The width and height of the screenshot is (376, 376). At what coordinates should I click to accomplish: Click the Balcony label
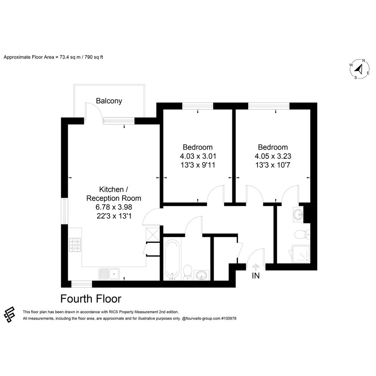(109, 101)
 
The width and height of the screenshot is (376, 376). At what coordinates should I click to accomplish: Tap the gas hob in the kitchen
(75, 245)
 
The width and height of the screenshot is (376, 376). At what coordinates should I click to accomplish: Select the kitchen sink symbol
(109, 274)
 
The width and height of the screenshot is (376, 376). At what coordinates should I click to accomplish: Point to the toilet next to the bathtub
(187, 273)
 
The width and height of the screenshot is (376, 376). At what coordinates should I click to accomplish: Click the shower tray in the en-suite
(301, 254)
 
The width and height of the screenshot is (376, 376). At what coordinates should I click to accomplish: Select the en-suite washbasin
(298, 214)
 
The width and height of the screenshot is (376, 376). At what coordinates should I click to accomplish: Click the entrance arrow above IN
(256, 267)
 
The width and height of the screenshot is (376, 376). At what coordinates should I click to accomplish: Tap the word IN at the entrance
(255, 276)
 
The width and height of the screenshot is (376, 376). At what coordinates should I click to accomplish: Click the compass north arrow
(359, 69)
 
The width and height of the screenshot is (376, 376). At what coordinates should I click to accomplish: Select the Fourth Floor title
(91, 299)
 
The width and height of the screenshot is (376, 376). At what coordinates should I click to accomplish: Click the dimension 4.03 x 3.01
(198, 156)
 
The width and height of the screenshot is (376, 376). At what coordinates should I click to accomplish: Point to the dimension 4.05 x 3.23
(273, 156)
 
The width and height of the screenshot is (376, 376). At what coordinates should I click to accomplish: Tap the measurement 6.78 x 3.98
(114, 207)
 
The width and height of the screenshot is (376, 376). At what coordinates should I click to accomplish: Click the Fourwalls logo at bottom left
(10, 314)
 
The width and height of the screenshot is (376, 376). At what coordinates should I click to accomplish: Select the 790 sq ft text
(94, 57)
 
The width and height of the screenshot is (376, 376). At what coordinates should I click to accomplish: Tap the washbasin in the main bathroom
(201, 275)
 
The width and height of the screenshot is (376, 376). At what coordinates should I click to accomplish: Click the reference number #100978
(229, 318)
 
